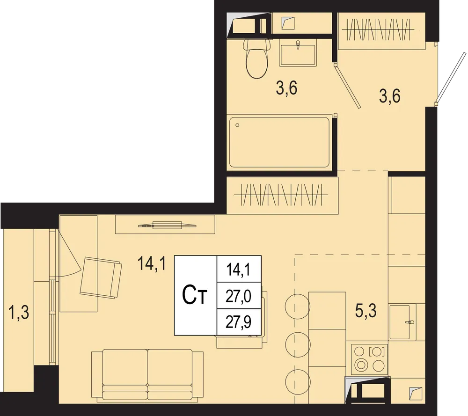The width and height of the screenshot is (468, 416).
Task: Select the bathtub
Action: click(x=279, y=142)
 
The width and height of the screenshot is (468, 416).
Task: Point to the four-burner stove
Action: click(x=370, y=359)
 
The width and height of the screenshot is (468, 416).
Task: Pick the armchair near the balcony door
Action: click(x=101, y=278)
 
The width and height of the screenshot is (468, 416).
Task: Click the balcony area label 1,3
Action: click(x=19, y=313)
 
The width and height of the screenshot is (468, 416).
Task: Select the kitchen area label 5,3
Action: click(x=366, y=311)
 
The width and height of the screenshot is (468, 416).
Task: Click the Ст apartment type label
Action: click(x=195, y=296)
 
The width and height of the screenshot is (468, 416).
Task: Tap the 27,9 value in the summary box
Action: click(x=239, y=322)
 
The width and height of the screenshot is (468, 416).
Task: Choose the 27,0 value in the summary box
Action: click(x=239, y=296)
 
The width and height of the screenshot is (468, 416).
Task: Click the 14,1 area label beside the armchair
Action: click(x=152, y=263)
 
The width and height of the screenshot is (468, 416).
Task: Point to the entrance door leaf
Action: click(x=451, y=77)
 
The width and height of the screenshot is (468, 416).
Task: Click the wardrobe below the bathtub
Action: click(x=282, y=195)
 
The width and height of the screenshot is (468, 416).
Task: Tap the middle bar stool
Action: click(x=298, y=343)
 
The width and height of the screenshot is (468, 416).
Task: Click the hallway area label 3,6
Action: click(x=390, y=96)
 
